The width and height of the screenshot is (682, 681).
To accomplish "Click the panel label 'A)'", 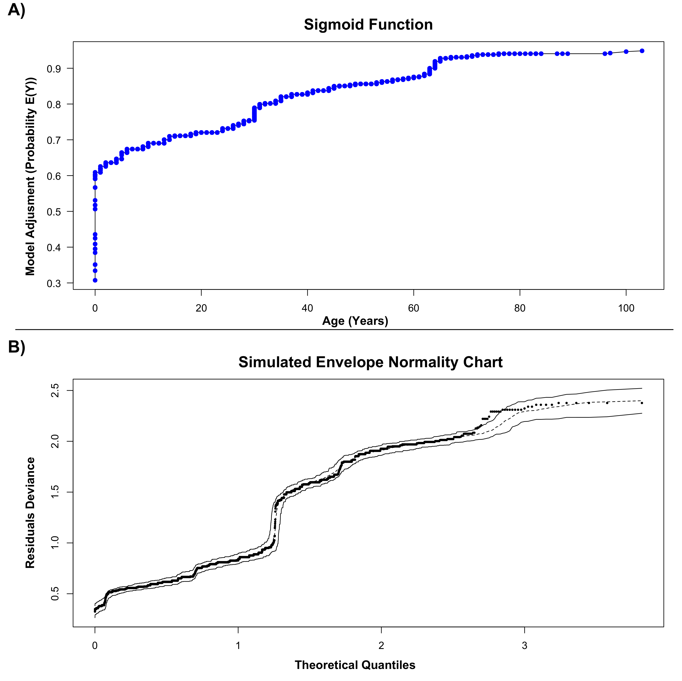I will (17, 10).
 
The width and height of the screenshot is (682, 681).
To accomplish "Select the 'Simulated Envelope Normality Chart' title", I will (370, 362).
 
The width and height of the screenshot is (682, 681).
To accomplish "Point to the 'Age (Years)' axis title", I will (355, 321).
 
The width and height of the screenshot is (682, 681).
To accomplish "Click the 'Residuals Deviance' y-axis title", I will (30, 513).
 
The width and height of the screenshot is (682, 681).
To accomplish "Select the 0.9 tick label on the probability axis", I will (54, 69).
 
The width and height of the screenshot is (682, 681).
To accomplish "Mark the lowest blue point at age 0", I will (95, 280).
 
